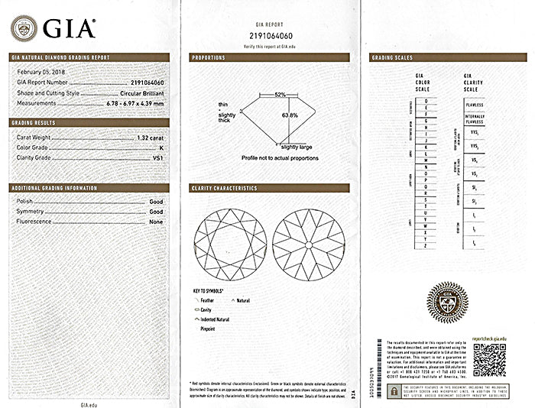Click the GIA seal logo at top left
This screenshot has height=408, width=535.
(x=24, y=28)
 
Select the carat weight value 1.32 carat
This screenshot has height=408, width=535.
(x=151, y=138)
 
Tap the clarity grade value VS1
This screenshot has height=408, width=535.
(x=158, y=157)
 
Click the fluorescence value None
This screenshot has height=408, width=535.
(x=157, y=221)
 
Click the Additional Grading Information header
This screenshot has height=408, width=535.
(x=53, y=187)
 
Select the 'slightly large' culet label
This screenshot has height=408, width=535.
(x=295, y=147)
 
